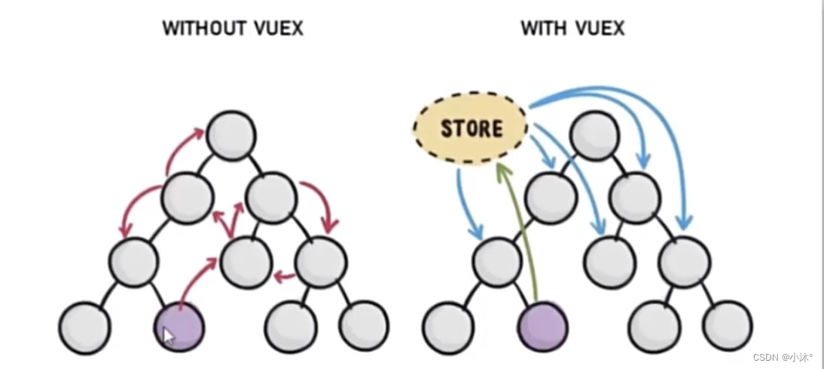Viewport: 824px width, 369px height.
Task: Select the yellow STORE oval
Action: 471,128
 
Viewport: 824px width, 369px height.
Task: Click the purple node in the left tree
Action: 179,327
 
